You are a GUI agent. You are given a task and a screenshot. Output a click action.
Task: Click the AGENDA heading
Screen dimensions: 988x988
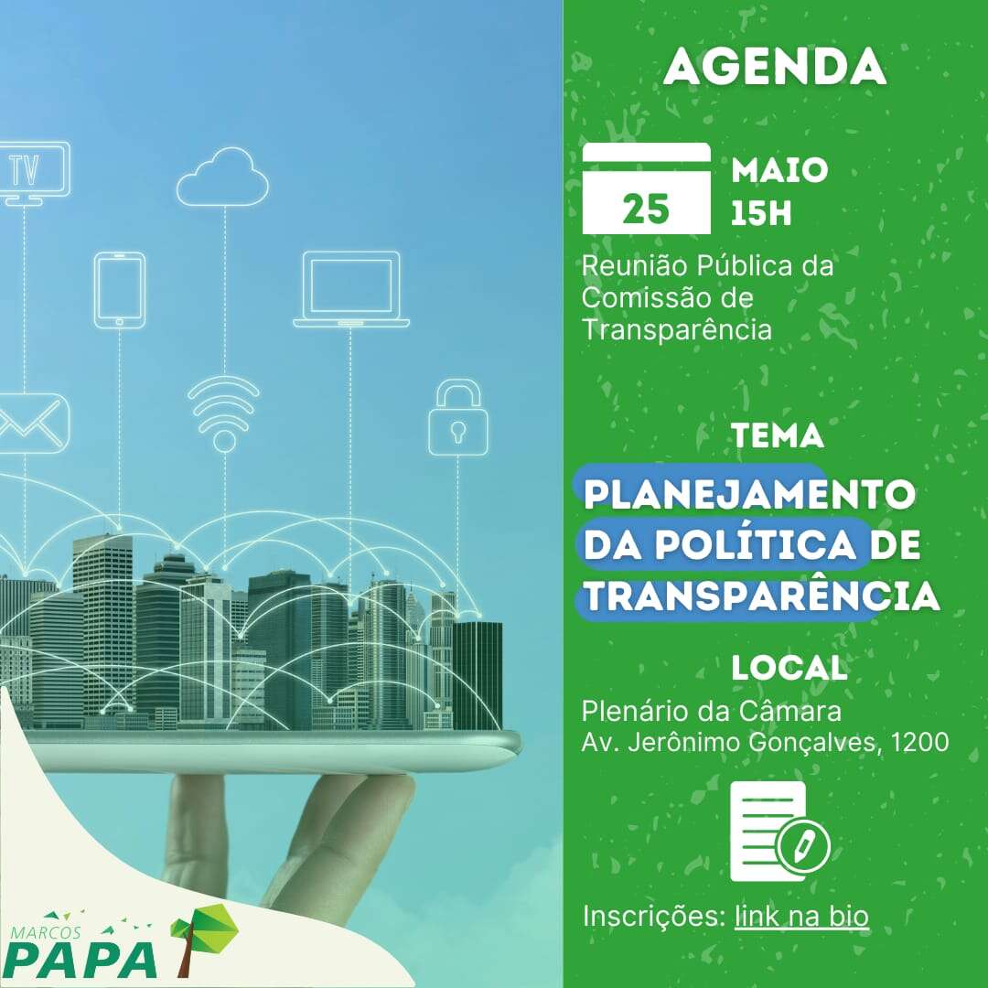(x=775, y=66)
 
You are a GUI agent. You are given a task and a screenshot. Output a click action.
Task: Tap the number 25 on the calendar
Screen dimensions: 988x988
(x=646, y=209)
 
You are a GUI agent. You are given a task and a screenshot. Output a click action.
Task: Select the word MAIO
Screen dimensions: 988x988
(x=779, y=170)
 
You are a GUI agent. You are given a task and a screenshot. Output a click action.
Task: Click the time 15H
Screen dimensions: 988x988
(x=761, y=214)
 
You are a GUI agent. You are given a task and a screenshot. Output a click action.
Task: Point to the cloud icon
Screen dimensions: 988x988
(x=222, y=177)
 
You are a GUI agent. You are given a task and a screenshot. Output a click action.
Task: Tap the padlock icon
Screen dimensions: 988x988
(x=458, y=417)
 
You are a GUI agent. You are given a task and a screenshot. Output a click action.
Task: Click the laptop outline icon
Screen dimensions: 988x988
(x=351, y=290)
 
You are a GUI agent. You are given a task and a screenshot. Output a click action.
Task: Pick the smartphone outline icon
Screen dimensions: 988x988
(x=120, y=291)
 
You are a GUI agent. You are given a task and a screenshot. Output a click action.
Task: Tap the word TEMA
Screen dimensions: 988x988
(x=779, y=435)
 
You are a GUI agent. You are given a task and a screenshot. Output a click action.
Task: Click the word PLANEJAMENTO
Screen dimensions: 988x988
(x=749, y=494)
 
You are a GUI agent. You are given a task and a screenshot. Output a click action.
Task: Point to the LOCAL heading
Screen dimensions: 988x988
(x=789, y=668)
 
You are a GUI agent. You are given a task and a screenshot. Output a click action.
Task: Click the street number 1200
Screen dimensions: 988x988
(x=919, y=742)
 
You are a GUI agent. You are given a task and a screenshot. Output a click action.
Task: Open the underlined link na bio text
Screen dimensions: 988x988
(x=801, y=916)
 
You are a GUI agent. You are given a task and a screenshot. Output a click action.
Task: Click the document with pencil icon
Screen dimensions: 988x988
(x=779, y=831)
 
